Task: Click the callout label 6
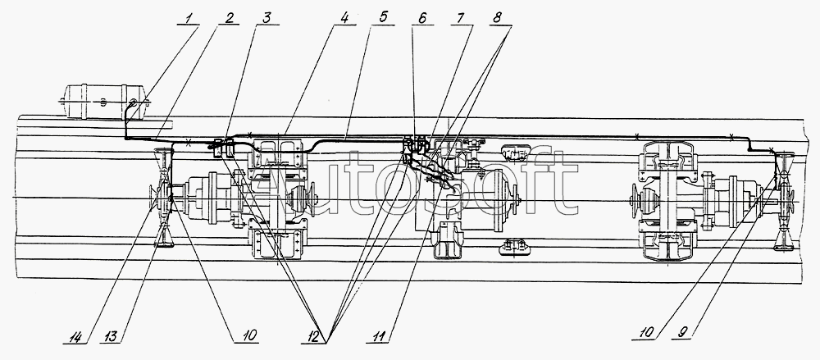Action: coord(420,16)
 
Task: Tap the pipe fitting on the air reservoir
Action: coord(132,103)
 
